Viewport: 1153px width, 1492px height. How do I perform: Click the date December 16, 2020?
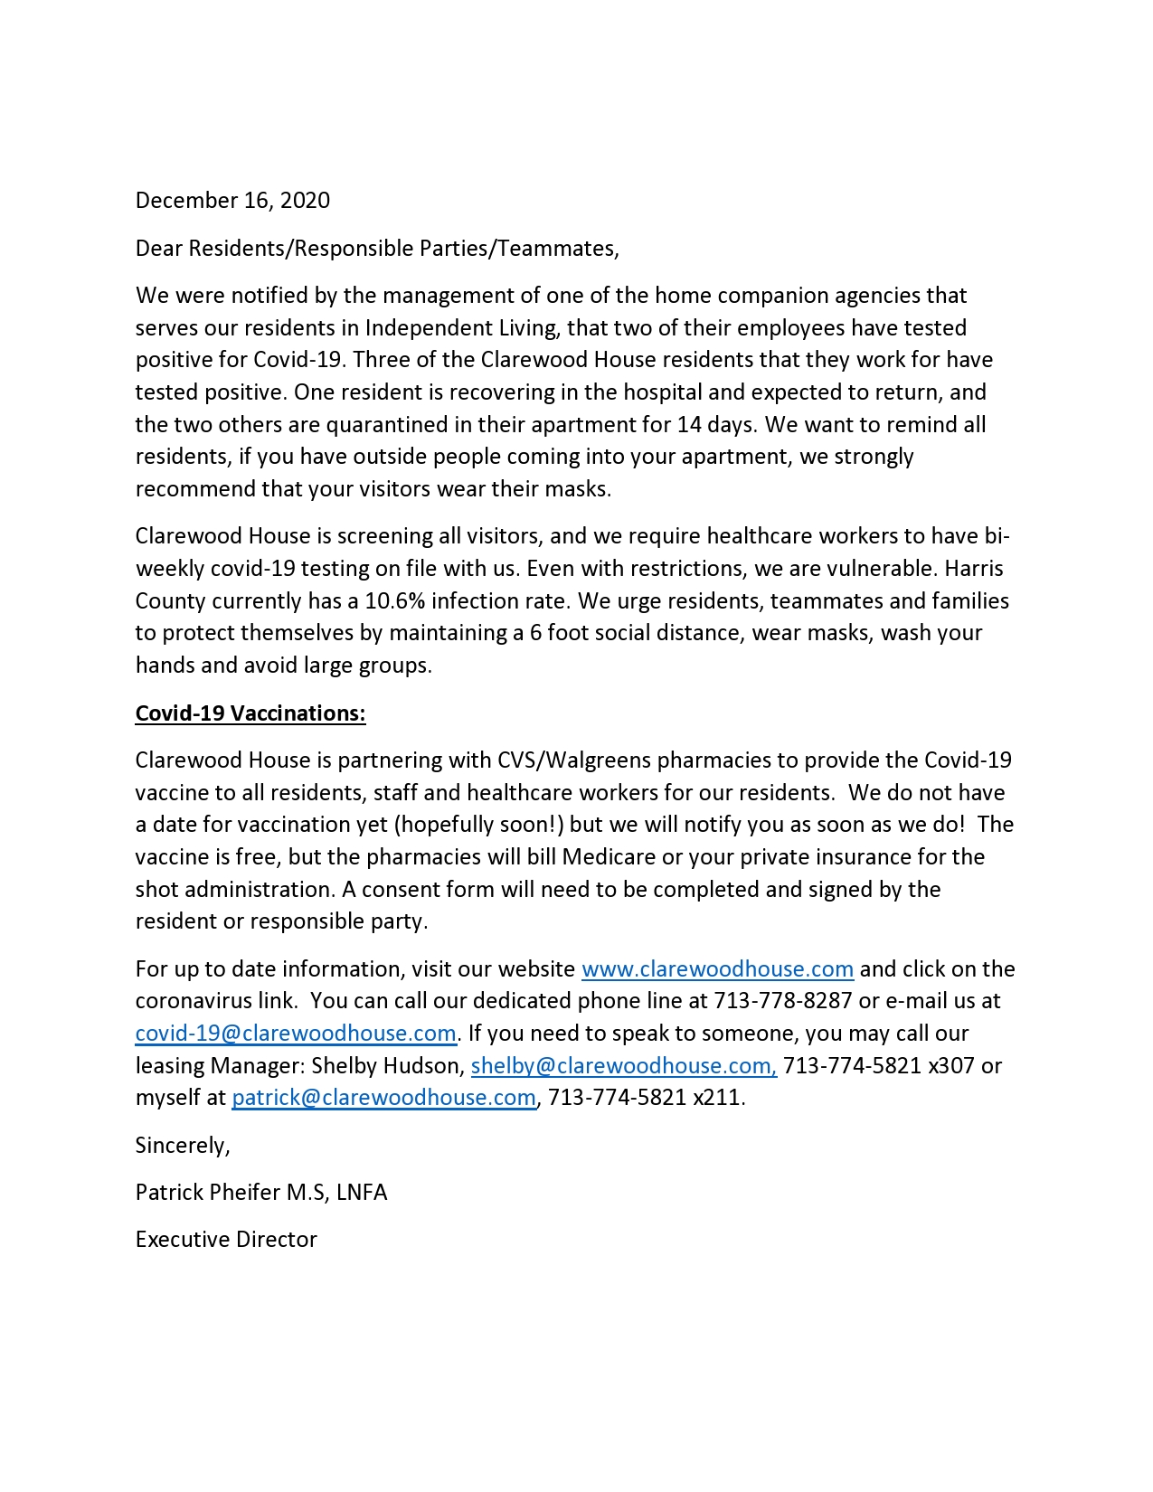click(232, 200)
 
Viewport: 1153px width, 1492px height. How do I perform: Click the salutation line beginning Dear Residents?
click(377, 248)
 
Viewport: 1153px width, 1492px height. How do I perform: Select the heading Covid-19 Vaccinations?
click(250, 713)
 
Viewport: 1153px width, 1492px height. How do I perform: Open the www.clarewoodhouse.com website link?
click(717, 968)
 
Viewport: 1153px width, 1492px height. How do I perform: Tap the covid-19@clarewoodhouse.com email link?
click(296, 1033)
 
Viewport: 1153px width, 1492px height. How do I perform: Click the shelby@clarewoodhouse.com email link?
click(623, 1065)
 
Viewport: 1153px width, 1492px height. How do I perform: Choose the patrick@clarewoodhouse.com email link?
click(383, 1097)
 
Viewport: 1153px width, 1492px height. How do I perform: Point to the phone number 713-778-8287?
click(783, 1001)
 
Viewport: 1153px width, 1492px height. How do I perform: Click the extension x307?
click(951, 1065)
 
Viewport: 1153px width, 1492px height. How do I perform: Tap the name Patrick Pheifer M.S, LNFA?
click(261, 1192)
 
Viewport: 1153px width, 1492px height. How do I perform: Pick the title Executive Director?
click(226, 1239)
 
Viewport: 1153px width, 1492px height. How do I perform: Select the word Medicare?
click(609, 856)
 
